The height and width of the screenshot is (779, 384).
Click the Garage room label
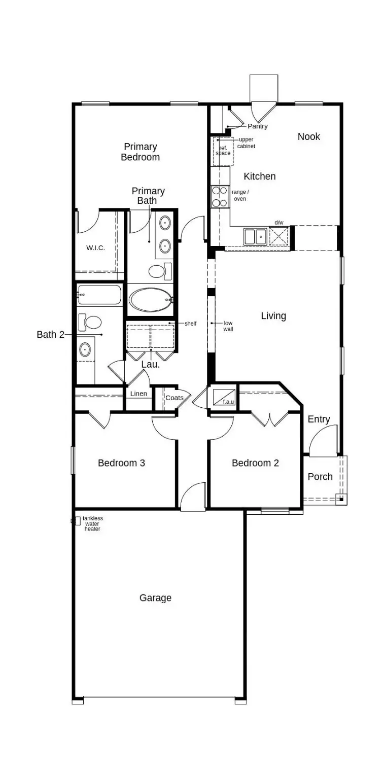[155, 598]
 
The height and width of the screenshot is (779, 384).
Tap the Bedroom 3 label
[121, 463]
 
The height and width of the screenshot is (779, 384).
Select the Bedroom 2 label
[255, 463]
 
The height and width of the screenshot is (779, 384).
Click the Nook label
[308, 136]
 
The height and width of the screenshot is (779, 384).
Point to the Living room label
[273, 316]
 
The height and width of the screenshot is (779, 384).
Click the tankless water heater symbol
[77, 520]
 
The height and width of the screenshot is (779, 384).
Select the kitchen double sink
[255, 237]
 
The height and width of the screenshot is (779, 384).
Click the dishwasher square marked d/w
[278, 236]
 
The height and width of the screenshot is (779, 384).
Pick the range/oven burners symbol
[220, 197]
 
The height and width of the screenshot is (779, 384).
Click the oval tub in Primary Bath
[151, 300]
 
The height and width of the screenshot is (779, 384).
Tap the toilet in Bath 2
[91, 322]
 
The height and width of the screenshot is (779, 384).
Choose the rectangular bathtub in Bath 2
[99, 295]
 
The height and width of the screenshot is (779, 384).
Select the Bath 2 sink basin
[85, 349]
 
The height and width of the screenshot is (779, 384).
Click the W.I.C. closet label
[95, 248]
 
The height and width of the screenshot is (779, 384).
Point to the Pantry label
[257, 126]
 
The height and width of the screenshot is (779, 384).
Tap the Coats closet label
[174, 398]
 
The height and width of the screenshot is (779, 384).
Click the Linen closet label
[138, 394]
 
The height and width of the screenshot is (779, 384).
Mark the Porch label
[320, 477]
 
